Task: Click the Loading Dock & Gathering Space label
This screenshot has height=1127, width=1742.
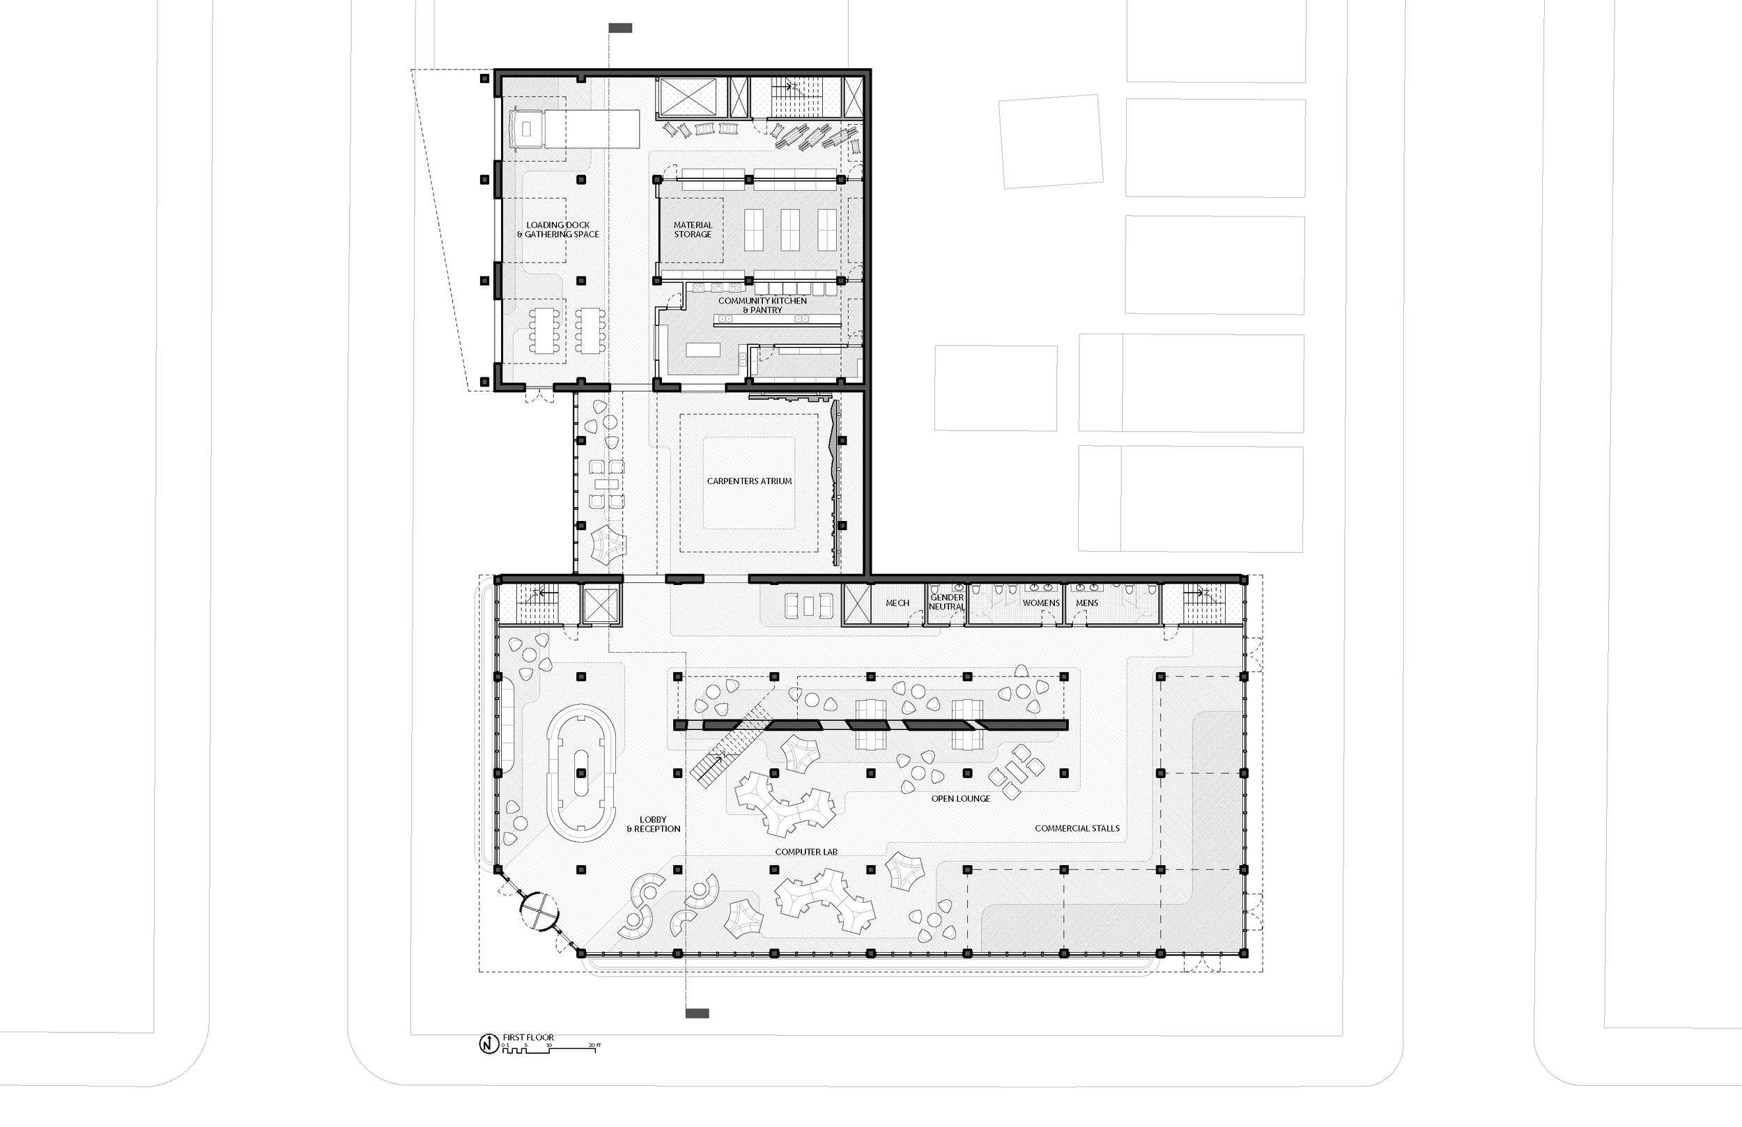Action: pyautogui.click(x=557, y=230)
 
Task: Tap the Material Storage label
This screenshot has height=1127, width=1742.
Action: pyautogui.click(x=693, y=230)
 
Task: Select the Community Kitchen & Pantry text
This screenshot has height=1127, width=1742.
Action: pyautogui.click(x=762, y=305)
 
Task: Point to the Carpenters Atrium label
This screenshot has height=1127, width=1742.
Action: pyautogui.click(x=749, y=481)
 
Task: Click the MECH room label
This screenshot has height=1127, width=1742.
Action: pyautogui.click(x=897, y=603)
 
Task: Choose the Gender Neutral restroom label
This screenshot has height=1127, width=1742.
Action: pyautogui.click(x=946, y=603)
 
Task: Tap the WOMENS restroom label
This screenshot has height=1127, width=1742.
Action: pyautogui.click(x=1041, y=603)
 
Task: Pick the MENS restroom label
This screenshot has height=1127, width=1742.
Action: pyautogui.click(x=1086, y=603)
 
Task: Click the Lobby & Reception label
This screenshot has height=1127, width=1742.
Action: pyautogui.click(x=653, y=825)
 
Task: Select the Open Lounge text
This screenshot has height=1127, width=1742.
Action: pyautogui.click(x=960, y=798)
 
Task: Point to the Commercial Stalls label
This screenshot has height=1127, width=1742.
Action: pyautogui.click(x=1077, y=828)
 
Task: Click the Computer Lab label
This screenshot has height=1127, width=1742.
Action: pyautogui.click(x=806, y=852)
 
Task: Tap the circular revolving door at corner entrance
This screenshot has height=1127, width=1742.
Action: pyautogui.click(x=539, y=910)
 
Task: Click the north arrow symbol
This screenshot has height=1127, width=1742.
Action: pyautogui.click(x=488, y=1044)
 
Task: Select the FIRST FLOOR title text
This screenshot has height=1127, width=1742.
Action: pyautogui.click(x=527, y=1037)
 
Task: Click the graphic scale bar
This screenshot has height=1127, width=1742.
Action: pyautogui.click(x=549, y=1047)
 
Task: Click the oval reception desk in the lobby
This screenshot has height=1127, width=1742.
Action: pyautogui.click(x=581, y=772)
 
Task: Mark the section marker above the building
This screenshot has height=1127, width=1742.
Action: pyautogui.click(x=620, y=28)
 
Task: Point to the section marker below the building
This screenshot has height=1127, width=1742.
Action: pyautogui.click(x=697, y=1013)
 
